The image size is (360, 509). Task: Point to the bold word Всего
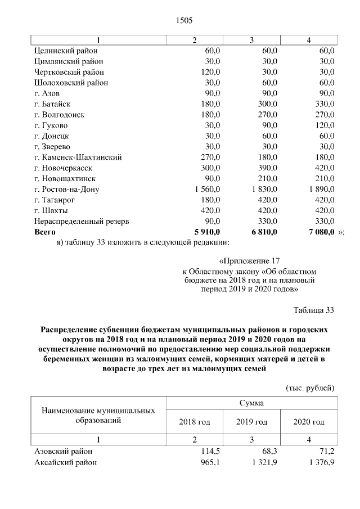(46, 232)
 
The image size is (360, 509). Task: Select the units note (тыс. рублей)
(310, 388)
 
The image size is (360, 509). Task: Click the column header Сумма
(251, 403)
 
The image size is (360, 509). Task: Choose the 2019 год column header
(251, 422)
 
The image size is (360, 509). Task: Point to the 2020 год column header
(308, 422)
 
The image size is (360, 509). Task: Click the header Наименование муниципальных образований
(98, 415)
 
